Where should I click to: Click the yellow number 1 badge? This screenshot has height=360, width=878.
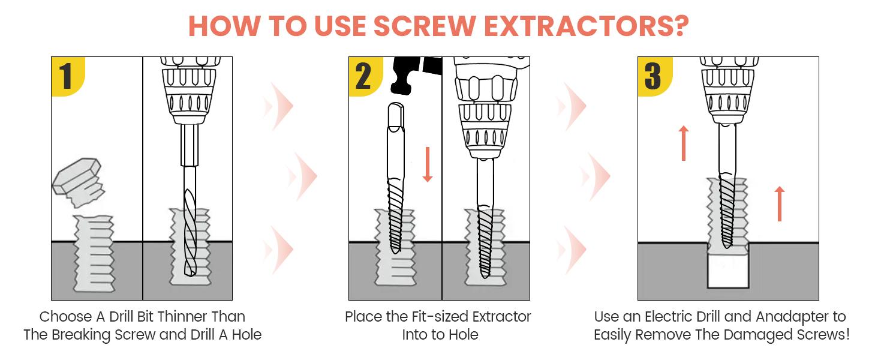click(x=67, y=76)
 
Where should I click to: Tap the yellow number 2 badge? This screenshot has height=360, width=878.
click(x=363, y=76)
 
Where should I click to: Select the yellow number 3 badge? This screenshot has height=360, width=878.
click(x=653, y=76)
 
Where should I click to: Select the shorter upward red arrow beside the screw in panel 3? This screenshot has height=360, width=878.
click(x=779, y=203)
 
